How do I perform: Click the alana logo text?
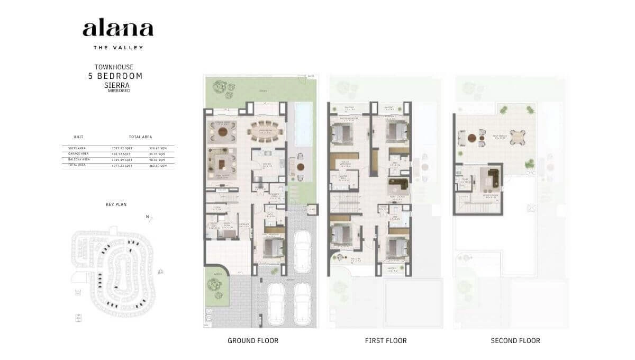(117, 29)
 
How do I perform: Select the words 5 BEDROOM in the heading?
(115, 76)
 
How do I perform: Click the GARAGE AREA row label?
(75, 154)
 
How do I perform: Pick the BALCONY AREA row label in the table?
(76, 159)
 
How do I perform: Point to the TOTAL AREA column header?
(140, 137)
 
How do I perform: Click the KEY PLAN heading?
(116, 204)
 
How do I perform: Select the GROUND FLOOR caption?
(252, 340)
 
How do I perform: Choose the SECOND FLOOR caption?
(515, 340)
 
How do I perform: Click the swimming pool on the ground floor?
(303, 124)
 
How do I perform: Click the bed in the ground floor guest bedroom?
(271, 246)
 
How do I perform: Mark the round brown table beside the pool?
(301, 166)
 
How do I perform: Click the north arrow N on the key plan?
(148, 217)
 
